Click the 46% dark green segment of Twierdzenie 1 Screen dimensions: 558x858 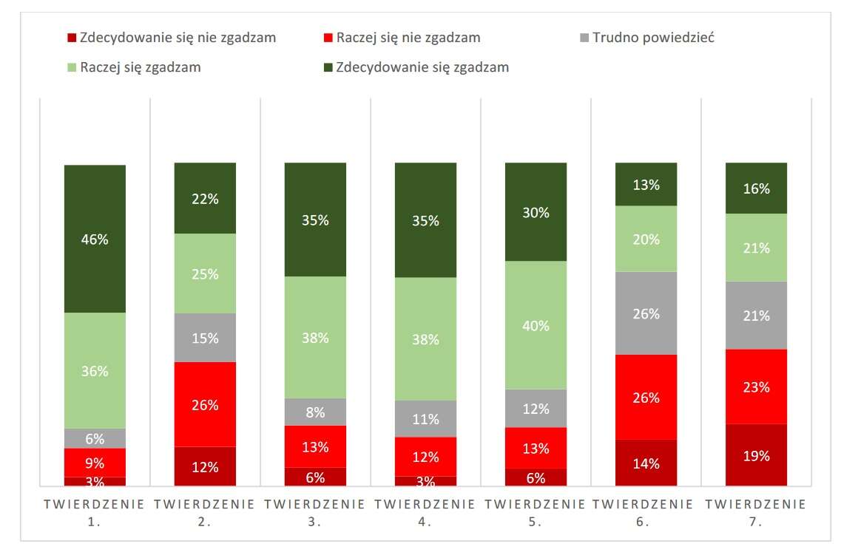tap(95, 238)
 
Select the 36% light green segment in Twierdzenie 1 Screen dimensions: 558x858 tap(95, 370)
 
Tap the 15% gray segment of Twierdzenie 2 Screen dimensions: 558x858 tap(205, 338)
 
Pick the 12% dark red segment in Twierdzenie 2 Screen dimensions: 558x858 tap(205, 466)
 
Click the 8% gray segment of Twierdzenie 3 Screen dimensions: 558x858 tap(315, 412)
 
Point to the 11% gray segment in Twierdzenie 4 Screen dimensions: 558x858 tap(425, 418)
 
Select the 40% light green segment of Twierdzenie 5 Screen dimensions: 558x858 tap(536, 325)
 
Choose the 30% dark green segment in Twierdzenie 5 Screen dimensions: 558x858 tap(536, 212)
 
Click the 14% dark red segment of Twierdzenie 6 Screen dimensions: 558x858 tap(646, 463)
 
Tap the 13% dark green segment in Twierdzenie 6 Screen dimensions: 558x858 tap(646, 184)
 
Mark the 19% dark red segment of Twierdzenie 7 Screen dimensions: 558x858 tap(756, 455)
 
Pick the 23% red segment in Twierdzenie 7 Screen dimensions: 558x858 tap(756, 387)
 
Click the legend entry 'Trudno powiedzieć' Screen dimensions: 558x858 tap(653, 37)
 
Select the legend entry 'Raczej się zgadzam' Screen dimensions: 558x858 tap(141, 67)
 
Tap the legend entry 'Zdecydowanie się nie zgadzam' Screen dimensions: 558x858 tap(178, 37)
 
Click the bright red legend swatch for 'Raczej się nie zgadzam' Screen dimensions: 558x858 tap(328, 38)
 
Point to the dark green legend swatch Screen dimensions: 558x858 tap(328, 68)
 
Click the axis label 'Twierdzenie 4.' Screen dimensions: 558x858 tap(425, 513)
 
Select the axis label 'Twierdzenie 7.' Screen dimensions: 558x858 tap(756, 513)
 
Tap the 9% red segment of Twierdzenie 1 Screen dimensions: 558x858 tap(95, 463)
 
